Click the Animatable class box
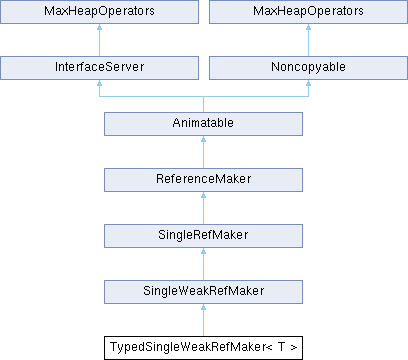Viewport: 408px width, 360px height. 203,124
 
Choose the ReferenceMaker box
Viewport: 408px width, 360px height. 203,180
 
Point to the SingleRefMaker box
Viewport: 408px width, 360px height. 203,236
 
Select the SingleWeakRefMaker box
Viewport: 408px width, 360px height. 203,292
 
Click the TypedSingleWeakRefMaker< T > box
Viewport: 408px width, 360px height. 203,348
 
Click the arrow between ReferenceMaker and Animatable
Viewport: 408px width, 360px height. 203,152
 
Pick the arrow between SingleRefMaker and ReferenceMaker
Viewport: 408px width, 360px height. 203,208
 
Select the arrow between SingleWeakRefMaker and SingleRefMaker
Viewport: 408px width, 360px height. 203,264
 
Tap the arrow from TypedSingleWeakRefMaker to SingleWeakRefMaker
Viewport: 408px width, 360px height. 203,320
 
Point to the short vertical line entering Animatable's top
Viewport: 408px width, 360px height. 203,104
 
